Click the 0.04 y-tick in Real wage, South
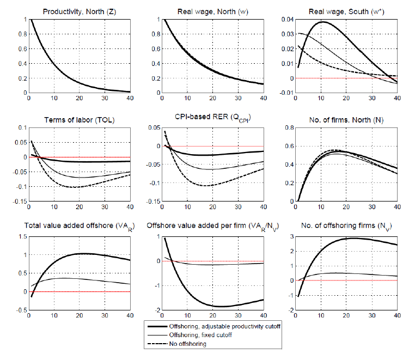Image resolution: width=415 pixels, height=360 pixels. (283, 20)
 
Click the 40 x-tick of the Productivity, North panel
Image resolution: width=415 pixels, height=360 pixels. (129, 99)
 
